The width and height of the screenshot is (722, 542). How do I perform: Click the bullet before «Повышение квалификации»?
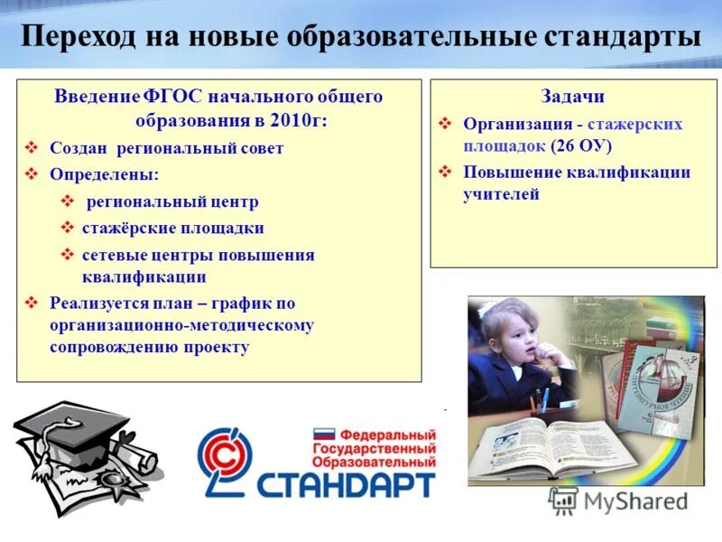(445, 172)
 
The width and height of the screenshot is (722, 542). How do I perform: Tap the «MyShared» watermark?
(623, 501)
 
